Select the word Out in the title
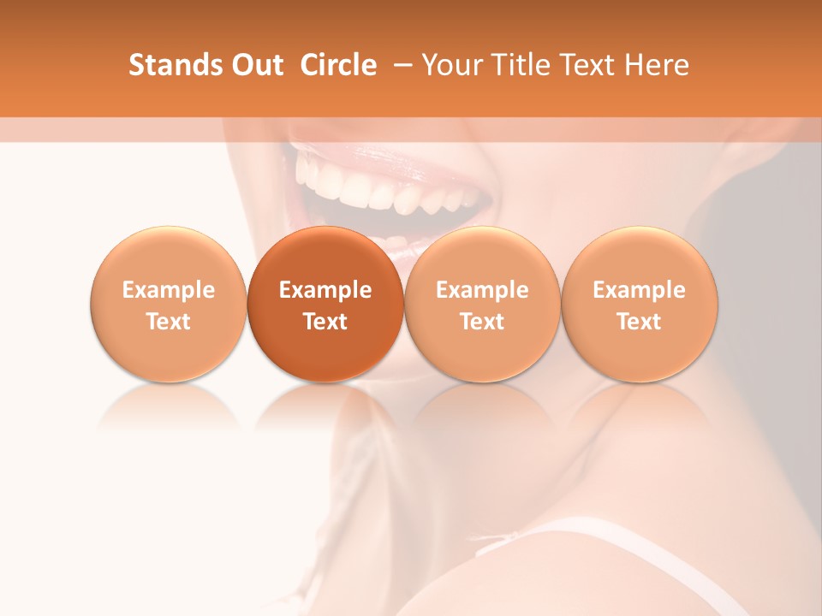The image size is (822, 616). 259,65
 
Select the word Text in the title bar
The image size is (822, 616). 588,65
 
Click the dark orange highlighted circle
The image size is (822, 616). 325,304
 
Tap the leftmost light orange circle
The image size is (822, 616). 169,304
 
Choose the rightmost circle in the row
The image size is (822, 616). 640,304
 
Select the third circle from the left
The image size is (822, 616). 482,304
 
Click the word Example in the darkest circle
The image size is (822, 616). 325,290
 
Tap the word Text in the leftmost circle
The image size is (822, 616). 169,322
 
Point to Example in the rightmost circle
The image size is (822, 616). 640,290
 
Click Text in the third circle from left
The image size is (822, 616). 482,322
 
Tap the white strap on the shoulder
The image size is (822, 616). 599,535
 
